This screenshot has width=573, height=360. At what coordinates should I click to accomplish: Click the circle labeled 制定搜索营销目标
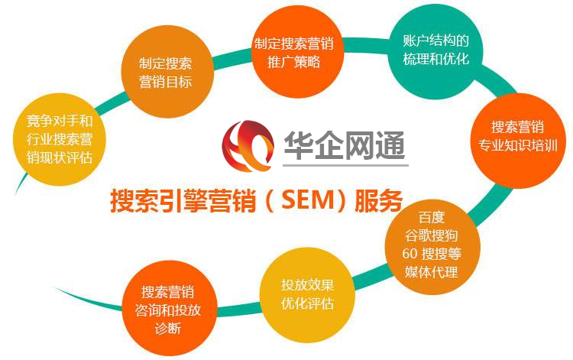(167, 71)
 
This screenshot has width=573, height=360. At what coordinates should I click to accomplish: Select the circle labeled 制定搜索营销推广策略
(298, 52)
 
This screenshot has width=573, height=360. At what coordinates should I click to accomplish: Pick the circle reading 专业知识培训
(518, 141)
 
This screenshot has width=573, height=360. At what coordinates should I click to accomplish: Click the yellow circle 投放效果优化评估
(307, 295)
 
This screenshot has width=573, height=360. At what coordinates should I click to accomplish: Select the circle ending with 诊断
(169, 308)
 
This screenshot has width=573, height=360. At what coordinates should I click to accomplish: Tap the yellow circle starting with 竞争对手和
(60, 139)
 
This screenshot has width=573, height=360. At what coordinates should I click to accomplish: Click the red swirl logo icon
(248, 145)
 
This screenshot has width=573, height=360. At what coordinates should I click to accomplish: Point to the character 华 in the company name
(299, 145)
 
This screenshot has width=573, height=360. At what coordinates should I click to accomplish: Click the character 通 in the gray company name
(390, 145)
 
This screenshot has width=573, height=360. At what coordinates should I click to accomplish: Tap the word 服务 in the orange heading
(379, 200)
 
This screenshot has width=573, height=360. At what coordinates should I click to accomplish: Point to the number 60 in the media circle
(410, 253)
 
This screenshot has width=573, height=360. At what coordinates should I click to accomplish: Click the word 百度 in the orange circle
(432, 218)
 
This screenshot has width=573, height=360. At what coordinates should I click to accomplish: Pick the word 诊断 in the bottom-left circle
(168, 328)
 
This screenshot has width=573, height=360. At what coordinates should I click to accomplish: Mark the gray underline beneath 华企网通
(345, 165)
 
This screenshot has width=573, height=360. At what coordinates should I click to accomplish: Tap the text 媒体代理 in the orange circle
(431, 272)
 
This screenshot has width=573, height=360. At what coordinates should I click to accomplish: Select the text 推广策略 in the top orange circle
(294, 61)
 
